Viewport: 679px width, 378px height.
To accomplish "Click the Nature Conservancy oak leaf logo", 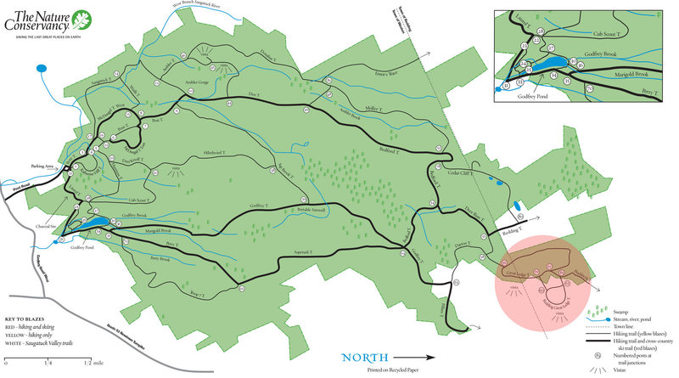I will tap(81, 20).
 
